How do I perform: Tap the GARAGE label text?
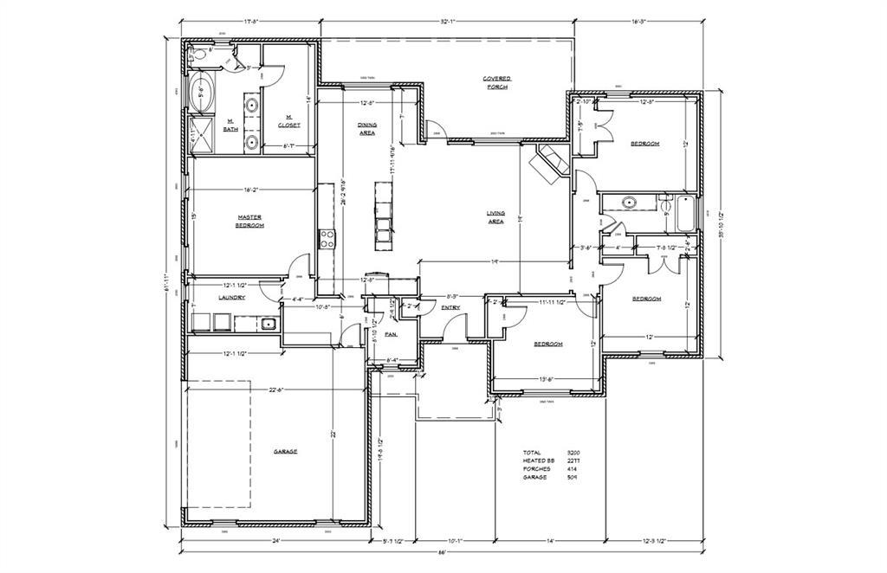(x=286, y=452)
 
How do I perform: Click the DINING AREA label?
(x=367, y=129)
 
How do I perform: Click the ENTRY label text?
(x=450, y=306)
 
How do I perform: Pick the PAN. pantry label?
(x=391, y=333)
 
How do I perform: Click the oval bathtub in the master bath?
(x=204, y=93)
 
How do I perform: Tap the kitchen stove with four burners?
(x=327, y=238)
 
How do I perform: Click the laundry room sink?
(x=268, y=325)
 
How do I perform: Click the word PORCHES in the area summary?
(x=535, y=469)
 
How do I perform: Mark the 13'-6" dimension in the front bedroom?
(x=547, y=379)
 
